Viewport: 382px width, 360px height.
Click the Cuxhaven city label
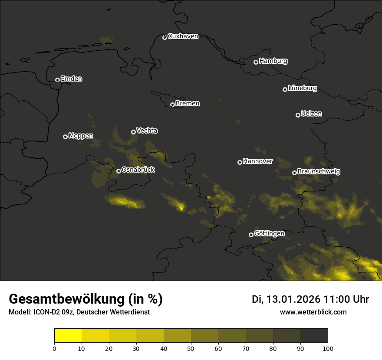click(183, 36)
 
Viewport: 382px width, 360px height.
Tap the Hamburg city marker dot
click(256, 62)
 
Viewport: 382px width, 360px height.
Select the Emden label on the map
click(71, 79)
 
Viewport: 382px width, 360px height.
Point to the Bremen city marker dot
click(172, 105)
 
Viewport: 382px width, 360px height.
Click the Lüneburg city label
click(302, 88)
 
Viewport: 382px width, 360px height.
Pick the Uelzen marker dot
click(298, 115)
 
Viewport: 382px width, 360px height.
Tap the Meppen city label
click(81, 136)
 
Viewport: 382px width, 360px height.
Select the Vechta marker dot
click(133, 132)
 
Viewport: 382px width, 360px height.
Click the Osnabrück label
click(138, 170)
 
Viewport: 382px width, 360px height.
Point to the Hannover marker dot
click(240, 162)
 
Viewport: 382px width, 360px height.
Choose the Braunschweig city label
click(319, 172)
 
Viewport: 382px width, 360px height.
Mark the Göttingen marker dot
click(251, 235)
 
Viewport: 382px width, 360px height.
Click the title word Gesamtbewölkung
click(67, 299)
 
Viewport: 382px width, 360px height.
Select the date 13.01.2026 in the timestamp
click(293, 299)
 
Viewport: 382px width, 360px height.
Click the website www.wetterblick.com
click(313, 312)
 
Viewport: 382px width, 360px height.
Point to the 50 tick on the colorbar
click(191, 348)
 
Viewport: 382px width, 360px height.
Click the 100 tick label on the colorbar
click(328, 348)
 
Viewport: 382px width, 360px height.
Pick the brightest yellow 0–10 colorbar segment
click(68, 336)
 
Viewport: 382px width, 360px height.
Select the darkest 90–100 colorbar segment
click(314, 336)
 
